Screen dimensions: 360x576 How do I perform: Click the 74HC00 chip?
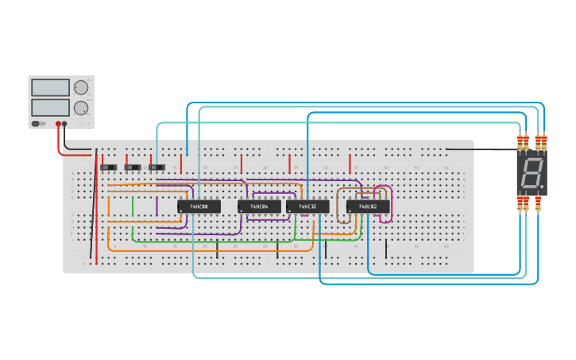click(x=199, y=207)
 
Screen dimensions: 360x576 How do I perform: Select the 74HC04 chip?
click(x=259, y=207)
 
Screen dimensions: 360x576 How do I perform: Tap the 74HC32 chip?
click(x=307, y=207)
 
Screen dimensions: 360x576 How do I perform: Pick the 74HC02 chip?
click(x=367, y=207)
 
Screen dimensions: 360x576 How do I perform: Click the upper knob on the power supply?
click(x=81, y=87)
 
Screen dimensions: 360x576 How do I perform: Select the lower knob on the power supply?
click(x=81, y=107)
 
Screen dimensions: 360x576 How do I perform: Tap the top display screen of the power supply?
click(x=50, y=87)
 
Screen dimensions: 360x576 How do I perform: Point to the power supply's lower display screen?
click(x=50, y=107)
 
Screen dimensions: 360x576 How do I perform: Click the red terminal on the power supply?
click(x=58, y=124)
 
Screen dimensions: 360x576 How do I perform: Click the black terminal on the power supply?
click(x=65, y=124)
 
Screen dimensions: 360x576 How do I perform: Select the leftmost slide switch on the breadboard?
click(x=109, y=167)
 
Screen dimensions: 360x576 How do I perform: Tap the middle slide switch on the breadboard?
click(x=133, y=167)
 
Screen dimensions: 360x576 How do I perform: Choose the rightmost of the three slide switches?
click(x=157, y=167)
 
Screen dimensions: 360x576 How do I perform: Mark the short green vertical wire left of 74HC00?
click(x=133, y=207)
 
